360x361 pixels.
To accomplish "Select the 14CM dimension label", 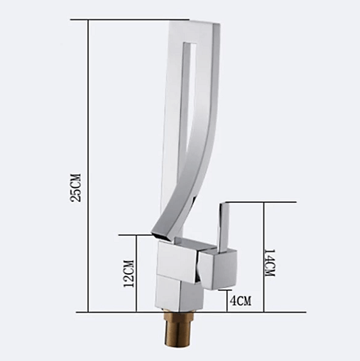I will tap(270, 264).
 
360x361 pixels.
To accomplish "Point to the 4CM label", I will tap(240, 300).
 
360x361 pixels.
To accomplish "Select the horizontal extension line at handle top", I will tap(263, 202).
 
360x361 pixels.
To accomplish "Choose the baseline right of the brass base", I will tap(256, 312).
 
